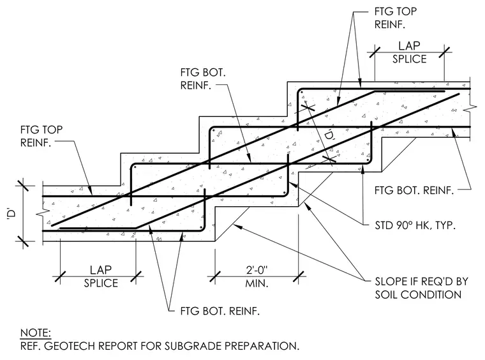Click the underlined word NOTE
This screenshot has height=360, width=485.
(36, 333)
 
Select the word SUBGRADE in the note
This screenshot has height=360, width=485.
(193, 346)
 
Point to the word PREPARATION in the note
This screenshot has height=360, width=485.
(262, 346)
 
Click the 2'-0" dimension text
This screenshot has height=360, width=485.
(257, 270)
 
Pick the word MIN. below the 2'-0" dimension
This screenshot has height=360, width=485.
(257, 283)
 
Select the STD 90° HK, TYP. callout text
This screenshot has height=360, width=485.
(415, 225)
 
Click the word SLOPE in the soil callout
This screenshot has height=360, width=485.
(390, 281)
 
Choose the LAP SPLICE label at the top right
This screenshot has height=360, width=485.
(410, 52)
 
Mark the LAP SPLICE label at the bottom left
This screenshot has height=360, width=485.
(101, 276)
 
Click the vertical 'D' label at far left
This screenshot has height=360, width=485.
(11, 214)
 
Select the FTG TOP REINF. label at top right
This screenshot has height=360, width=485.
(396, 18)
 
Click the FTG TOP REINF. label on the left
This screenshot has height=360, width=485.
(41, 136)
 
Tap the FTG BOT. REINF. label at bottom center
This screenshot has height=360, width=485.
(220, 311)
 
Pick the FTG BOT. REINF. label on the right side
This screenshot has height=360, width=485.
(414, 190)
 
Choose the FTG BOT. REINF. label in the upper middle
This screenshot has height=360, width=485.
(203, 79)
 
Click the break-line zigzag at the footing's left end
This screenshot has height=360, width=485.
(43, 213)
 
